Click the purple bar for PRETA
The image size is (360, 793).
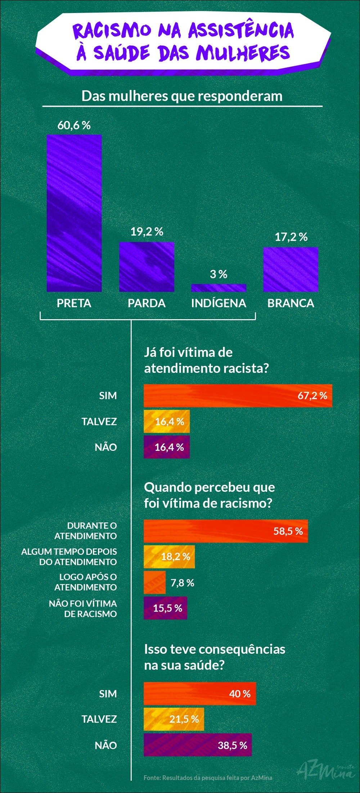(x=74, y=213)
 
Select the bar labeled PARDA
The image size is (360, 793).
(x=147, y=267)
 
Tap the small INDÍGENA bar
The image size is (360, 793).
(x=219, y=287)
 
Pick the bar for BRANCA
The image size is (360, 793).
(x=291, y=269)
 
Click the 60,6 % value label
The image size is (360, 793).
(x=74, y=126)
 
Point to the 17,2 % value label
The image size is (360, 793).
(x=291, y=237)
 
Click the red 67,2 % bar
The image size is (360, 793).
(x=238, y=396)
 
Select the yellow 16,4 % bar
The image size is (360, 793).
(x=167, y=421)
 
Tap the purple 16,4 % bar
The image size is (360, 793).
(x=167, y=447)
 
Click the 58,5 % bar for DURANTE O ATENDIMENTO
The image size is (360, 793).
(x=226, y=531)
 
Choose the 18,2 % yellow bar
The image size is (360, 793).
(x=169, y=557)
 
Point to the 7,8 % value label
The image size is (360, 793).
(x=182, y=583)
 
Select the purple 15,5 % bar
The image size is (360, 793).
(x=165, y=608)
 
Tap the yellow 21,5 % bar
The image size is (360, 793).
(x=174, y=719)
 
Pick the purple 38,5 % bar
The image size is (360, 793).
(x=198, y=745)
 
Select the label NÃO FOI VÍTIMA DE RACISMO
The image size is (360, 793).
(x=83, y=608)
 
